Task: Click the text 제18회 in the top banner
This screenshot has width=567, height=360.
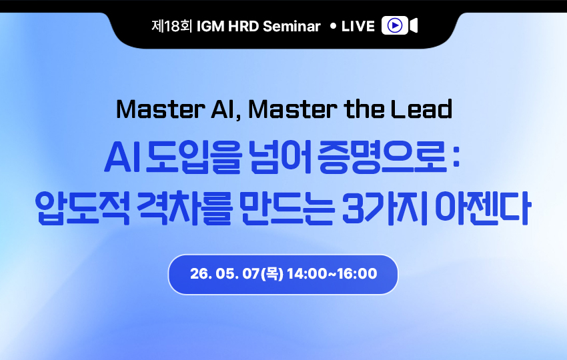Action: pyautogui.click(x=171, y=26)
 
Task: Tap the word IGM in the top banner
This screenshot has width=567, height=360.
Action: pyautogui.click(x=210, y=27)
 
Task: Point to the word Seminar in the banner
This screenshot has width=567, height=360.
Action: pyautogui.click(x=292, y=27)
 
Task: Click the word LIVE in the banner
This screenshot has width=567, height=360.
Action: pyautogui.click(x=358, y=27)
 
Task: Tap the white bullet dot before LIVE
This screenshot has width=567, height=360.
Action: pyautogui.click(x=334, y=26)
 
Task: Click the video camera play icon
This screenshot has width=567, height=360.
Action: pyautogui.click(x=400, y=25)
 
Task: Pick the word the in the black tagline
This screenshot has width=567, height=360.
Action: pyautogui.click(x=364, y=109)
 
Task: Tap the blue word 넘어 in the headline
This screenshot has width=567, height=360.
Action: pyautogui.click(x=281, y=157)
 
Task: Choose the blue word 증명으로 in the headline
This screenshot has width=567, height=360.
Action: pyautogui.click(x=382, y=157)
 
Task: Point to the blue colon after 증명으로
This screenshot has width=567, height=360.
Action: pyautogui.click(x=456, y=159)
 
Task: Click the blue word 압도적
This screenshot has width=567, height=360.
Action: pyautogui.click(x=83, y=209)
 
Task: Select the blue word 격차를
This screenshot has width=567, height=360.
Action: pyautogui.click(x=184, y=209)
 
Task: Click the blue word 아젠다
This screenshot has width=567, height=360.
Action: pyautogui.click(x=483, y=209)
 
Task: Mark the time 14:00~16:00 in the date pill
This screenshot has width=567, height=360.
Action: pyautogui.click(x=332, y=273)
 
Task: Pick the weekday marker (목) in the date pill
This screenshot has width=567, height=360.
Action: pyautogui.click(x=272, y=273)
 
